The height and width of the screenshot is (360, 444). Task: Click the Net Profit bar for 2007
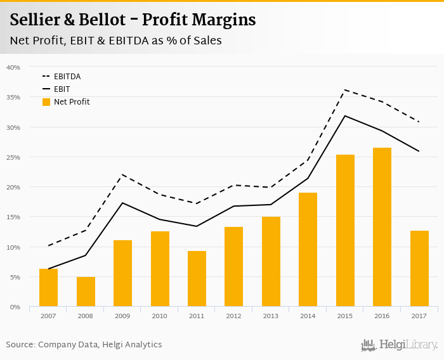click(48, 288)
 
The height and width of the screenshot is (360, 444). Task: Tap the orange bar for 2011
click(197, 279)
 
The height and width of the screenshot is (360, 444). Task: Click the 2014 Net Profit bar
click(308, 250)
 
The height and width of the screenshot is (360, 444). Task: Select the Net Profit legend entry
click(66, 102)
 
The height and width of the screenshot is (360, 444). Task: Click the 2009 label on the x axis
click(122, 316)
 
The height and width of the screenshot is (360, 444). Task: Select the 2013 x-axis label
click(271, 316)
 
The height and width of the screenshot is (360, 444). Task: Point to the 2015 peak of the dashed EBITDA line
click(345, 90)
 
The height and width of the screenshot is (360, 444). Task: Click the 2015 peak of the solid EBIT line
click(345, 115)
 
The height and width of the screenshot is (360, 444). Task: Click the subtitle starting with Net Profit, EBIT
click(115, 41)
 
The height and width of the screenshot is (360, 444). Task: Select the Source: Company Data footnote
click(84, 344)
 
